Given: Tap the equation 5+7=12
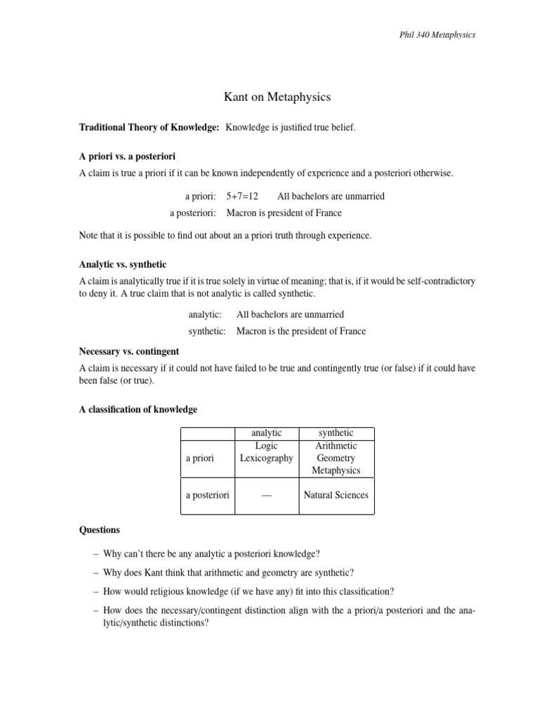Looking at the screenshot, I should point(237,196).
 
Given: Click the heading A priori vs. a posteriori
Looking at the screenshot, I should point(132,156).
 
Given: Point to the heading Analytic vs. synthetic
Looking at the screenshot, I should point(123,264).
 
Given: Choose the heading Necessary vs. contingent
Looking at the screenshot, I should point(129,351).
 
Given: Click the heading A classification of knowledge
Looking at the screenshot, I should point(138,409).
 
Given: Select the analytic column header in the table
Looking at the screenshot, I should point(267,433).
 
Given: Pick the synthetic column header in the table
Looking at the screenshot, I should point(336,433).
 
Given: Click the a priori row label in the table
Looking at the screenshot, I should point(199,458).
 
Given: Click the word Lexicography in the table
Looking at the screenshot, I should point(267,458).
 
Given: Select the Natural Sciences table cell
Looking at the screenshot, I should point(335,495).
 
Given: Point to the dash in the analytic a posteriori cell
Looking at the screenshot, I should point(266,495).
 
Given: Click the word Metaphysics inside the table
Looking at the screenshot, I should point(336,470).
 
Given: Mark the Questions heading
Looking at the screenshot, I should point(100,530).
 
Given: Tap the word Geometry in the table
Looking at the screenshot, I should point(336,458).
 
